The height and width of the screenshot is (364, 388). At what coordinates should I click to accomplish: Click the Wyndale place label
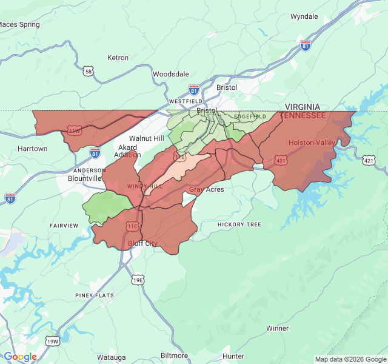[x=304, y=16]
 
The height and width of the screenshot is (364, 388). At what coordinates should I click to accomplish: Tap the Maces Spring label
[x=19, y=24]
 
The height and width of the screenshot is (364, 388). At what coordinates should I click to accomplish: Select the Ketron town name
[x=118, y=58]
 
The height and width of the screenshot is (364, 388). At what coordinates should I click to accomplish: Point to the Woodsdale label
[x=170, y=74]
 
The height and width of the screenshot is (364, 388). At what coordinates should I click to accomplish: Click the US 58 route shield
[x=89, y=72]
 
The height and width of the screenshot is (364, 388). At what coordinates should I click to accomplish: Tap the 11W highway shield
[x=75, y=130]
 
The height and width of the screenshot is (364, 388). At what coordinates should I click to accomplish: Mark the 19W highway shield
[x=52, y=342]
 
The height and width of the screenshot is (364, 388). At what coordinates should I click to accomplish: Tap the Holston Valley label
[x=312, y=143]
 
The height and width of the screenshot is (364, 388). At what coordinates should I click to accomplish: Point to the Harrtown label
[x=32, y=149]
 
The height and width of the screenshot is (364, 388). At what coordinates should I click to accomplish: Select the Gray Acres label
[x=206, y=190]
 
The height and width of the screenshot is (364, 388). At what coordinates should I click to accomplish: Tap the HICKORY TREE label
[x=239, y=224]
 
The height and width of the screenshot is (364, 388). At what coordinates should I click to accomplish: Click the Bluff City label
[x=142, y=243]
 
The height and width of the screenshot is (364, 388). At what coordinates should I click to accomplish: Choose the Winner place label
[x=277, y=328]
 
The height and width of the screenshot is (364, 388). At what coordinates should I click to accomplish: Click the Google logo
[x=20, y=357]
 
